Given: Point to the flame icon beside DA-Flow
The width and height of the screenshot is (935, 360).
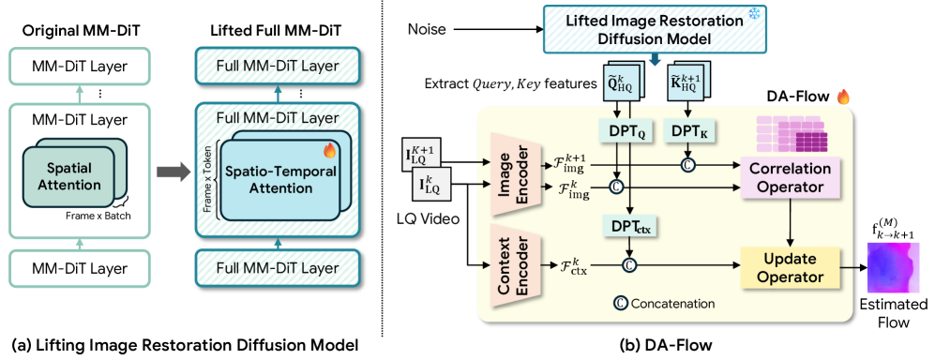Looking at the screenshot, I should [x=842, y=97].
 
